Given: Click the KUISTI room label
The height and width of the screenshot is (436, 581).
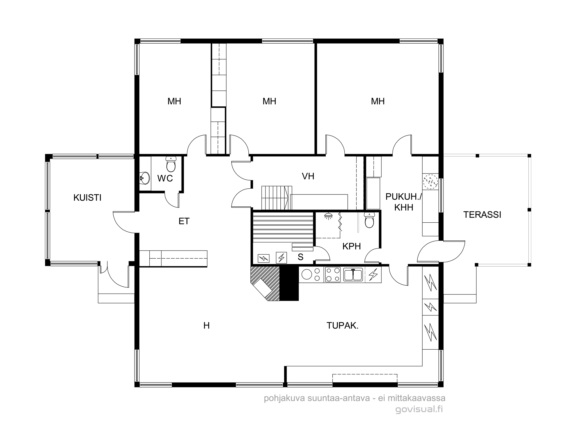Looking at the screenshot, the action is [x=87, y=198].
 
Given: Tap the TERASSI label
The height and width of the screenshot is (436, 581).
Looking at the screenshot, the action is [x=482, y=215].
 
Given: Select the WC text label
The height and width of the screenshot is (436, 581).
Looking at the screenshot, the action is [x=165, y=178].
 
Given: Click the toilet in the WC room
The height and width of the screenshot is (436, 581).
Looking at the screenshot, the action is [x=171, y=164].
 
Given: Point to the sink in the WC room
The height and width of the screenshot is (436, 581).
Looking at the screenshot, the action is [x=145, y=178].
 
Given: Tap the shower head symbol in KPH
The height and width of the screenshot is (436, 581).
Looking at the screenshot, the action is [x=329, y=216].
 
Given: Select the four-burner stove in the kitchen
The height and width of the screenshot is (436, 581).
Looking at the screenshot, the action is [x=333, y=275].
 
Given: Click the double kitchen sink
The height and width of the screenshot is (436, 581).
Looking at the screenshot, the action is [x=353, y=275].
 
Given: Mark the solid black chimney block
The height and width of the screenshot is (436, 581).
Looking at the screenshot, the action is [x=289, y=283].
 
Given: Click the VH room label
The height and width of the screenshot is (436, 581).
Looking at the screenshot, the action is [x=308, y=176].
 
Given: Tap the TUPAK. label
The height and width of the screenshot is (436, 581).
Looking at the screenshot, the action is [x=342, y=326].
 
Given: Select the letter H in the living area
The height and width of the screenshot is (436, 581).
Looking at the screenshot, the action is [x=207, y=326].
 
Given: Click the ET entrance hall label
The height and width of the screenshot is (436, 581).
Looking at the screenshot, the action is [x=184, y=221].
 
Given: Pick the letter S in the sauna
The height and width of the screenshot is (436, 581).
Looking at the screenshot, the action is [x=301, y=257].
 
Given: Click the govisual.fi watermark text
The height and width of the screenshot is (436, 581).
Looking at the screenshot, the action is [x=419, y=410].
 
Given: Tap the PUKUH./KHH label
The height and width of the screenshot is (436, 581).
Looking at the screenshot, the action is [x=404, y=202].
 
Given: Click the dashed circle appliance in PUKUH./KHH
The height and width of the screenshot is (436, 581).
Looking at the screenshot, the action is [x=430, y=182].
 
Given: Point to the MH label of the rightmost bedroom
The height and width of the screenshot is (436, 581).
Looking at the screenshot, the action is [x=378, y=101].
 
